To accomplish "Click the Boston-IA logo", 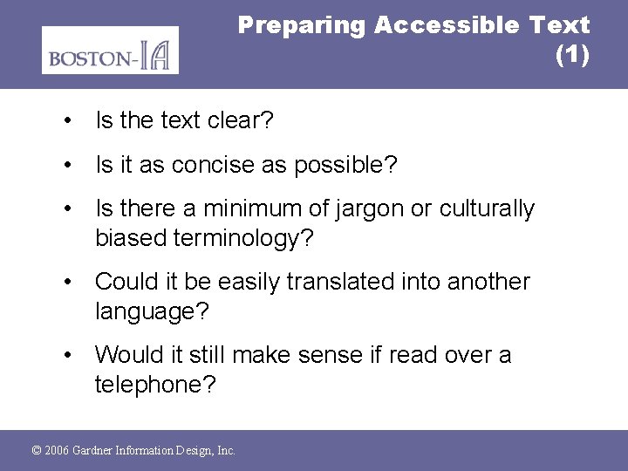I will pos(110,51).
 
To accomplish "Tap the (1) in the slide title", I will pos(572,55).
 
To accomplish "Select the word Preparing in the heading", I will pos(302,25).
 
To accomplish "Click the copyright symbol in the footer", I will pos(37,450).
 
